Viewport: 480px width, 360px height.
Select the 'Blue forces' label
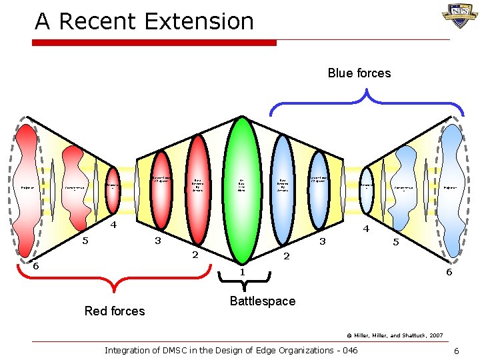(x=359, y=73)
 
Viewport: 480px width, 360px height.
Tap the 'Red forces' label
(x=115, y=311)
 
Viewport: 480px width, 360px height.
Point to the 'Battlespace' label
(x=262, y=301)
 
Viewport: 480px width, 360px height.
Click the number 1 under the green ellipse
(x=243, y=272)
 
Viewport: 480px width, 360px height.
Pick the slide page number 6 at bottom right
(x=455, y=351)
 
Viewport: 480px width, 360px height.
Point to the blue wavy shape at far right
(x=452, y=187)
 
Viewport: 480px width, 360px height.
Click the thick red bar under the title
(x=155, y=43)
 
